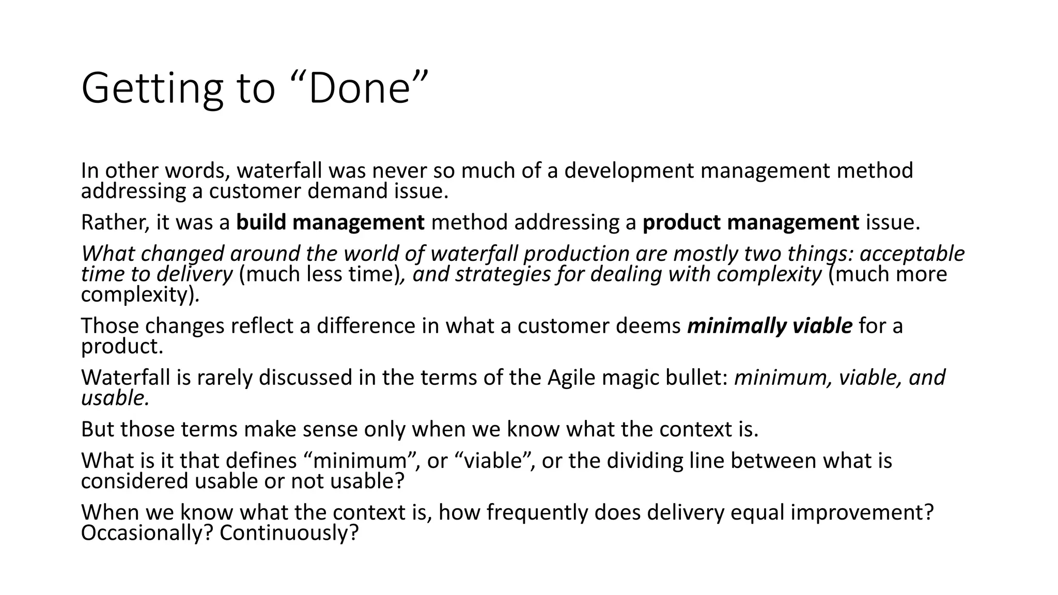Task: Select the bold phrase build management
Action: click(330, 223)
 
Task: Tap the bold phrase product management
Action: click(751, 223)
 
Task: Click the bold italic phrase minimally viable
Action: click(769, 326)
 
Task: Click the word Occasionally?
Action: click(147, 533)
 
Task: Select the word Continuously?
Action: click(289, 533)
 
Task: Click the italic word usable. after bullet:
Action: click(115, 398)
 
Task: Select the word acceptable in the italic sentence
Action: click(912, 254)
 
